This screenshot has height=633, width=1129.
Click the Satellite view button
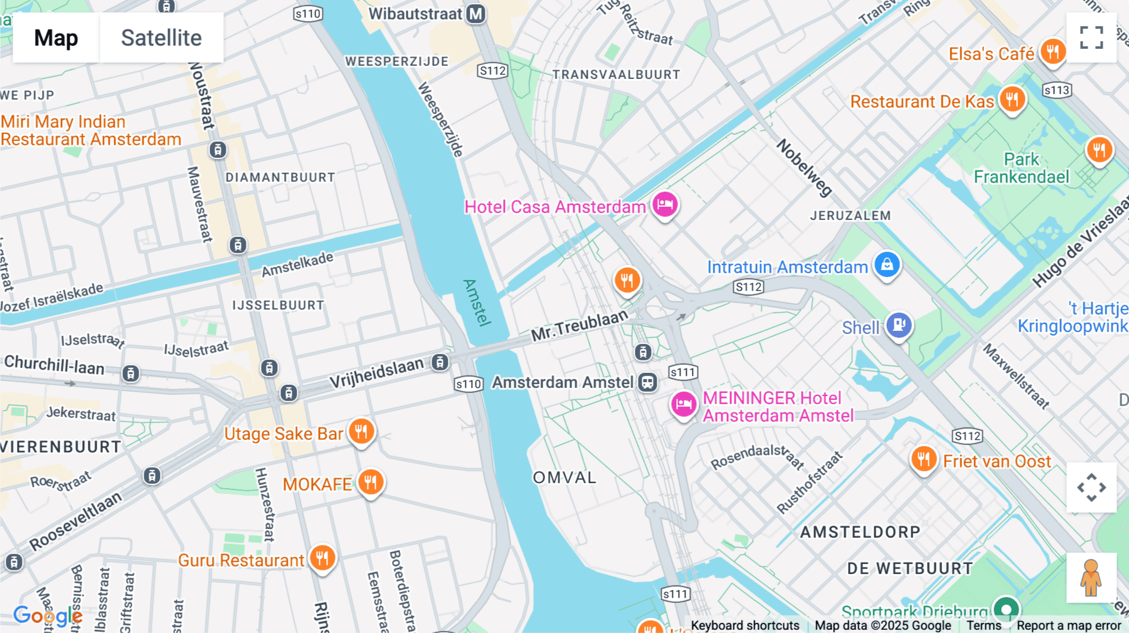click(x=161, y=38)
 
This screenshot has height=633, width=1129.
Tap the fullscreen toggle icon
click(x=1091, y=38)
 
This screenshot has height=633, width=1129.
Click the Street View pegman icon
click(x=1091, y=578)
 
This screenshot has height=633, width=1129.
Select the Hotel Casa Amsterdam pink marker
click(x=665, y=204)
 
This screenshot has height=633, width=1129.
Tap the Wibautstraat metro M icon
click(x=476, y=14)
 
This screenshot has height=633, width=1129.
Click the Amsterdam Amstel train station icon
click(x=647, y=382)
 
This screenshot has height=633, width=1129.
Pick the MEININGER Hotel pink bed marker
click(x=684, y=404)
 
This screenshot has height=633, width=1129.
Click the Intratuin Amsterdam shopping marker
click(x=887, y=264)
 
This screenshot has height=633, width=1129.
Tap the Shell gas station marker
click(x=899, y=325)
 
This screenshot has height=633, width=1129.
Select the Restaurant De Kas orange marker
click(x=1012, y=99)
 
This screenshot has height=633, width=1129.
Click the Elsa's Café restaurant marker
click(x=1052, y=51)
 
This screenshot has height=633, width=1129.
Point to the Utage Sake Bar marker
click(x=361, y=431)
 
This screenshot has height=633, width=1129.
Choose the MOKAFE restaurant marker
click(x=371, y=482)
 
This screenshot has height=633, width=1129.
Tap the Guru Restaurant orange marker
click(x=322, y=557)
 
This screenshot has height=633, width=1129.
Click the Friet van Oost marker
click(x=923, y=459)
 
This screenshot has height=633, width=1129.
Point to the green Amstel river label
click(x=477, y=302)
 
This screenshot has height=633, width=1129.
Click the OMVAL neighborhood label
click(x=564, y=478)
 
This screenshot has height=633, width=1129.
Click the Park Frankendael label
click(x=1021, y=168)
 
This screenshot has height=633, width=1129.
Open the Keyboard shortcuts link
click(x=745, y=625)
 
